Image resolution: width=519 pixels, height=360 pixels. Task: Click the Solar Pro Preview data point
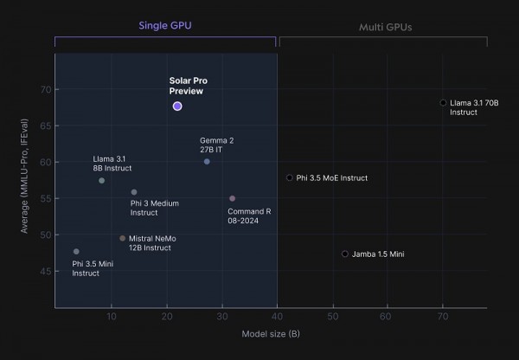coord(177,106)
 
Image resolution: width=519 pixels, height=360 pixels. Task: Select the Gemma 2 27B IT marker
coord(207,162)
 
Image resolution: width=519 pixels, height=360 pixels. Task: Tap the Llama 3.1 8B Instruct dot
coord(101,180)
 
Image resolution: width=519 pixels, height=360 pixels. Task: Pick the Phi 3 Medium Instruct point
coord(133,192)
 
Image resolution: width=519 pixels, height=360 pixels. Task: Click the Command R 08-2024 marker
coord(233,198)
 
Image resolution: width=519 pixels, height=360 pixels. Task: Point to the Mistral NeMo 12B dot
coord(122,238)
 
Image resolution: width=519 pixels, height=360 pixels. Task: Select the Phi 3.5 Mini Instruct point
coord(76,251)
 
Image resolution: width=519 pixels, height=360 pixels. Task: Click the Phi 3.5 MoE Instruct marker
coord(289,177)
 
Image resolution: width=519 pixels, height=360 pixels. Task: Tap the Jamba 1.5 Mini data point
coord(345,254)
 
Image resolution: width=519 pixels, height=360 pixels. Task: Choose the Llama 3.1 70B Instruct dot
coord(443,102)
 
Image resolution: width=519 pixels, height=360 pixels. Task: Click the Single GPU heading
coord(165,26)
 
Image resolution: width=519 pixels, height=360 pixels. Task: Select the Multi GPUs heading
coord(385,27)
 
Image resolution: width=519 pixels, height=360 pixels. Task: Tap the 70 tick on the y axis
coord(45,89)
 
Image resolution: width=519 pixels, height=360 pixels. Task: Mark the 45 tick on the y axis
coord(45,271)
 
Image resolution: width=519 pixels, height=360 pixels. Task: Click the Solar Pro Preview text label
coord(188,86)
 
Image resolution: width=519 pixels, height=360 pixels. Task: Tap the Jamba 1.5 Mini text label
coord(379,254)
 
